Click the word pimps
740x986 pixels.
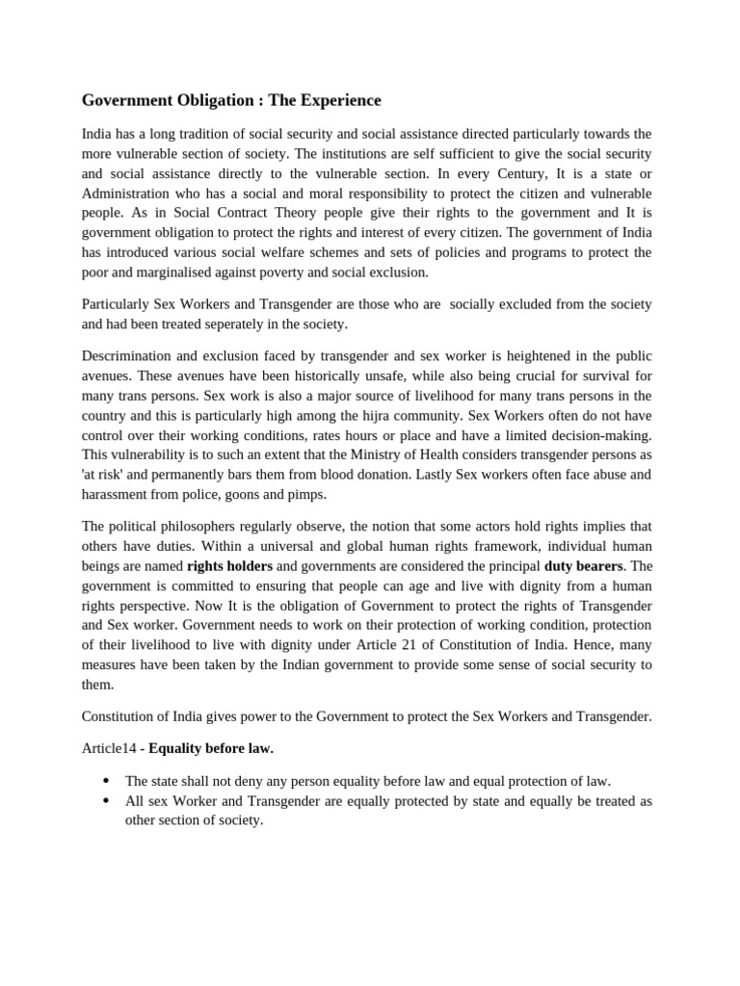(x=306, y=494)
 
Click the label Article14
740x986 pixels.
(x=109, y=748)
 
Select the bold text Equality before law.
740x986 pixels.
(x=209, y=748)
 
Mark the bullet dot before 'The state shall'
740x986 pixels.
(x=105, y=781)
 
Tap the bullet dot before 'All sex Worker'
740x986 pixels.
(x=105, y=801)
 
